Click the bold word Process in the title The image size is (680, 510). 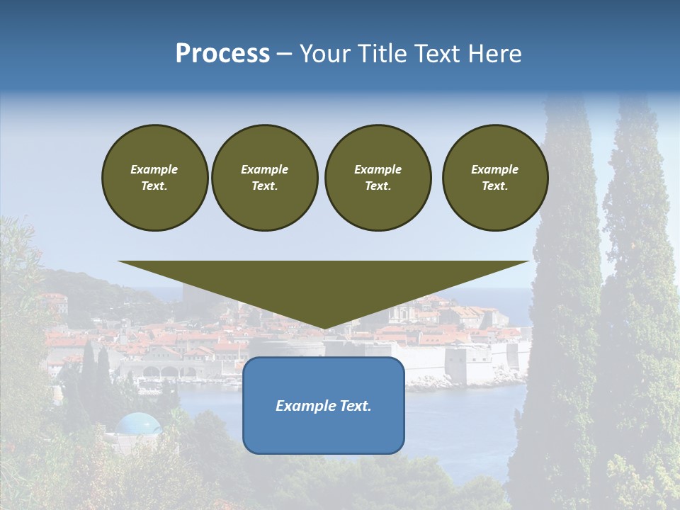pyautogui.click(x=222, y=54)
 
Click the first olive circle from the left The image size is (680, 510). pyautogui.click(x=154, y=178)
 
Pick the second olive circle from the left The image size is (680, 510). pyautogui.click(x=265, y=178)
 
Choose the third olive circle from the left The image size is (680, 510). pyautogui.click(x=378, y=178)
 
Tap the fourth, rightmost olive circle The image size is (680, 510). pyautogui.click(x=495, y=178)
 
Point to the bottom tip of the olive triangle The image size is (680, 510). pyautogui.click(x=324, y=328)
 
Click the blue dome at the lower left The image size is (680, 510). pyautogui.click(x=138, y=424)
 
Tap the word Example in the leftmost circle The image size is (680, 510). pyautogui.click(x=154, y=169)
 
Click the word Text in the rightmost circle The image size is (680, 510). pyautogui.click(x=494, y=186)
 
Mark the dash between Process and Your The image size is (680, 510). pyautogui.click(x=284, y=54)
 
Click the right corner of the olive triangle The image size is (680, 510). pyautogui.click(x=528, y=262)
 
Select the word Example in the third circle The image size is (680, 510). pyautogui.click(x=378, y=169)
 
